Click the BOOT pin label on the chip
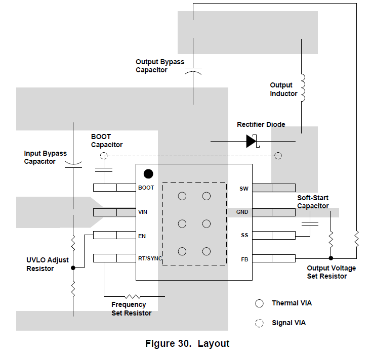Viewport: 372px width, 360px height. click(x=146, y=188)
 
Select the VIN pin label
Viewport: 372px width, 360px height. click(x=143, y=212)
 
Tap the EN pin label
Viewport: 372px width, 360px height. click(x=142, y=235)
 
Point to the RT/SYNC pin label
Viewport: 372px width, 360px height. click(x=150, y=258)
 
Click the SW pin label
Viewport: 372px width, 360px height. click(x=244, y=189)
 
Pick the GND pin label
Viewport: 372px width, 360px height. click(x=242, y=212)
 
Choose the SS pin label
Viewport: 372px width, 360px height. click(x=244, y=235)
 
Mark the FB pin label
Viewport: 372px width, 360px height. click(x=244, y=259)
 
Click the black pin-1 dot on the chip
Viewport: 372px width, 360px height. click(x=148, y=174)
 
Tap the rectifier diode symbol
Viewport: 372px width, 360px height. click(x=252, y=141)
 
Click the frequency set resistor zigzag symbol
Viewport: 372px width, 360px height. click(x=133, y=296)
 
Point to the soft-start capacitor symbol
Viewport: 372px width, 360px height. click(x=310, y=222)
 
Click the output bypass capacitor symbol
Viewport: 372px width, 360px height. click(x=193, y=70)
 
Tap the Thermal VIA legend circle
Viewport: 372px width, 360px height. click(x=260, y=303)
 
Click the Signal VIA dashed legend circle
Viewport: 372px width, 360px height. click(x=260, y=323)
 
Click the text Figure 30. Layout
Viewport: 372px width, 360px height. click(x=187, y=344)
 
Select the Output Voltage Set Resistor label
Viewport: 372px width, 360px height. click(x=331, y=272)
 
